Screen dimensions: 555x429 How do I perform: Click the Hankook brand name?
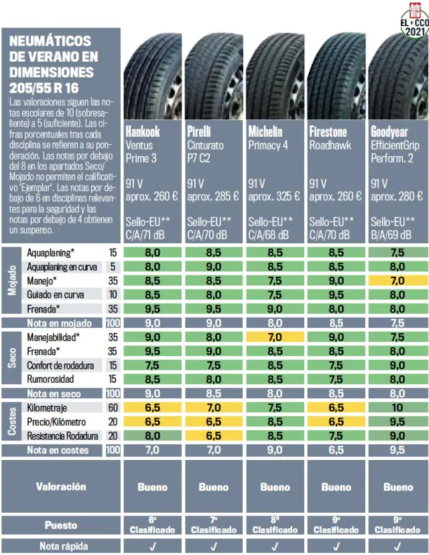click(x=143, y=131)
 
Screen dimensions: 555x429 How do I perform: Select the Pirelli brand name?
click(x=199, y=131)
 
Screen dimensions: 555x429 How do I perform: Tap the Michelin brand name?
click(x=265, y=131)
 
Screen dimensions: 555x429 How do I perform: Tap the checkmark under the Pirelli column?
click(x=214, y=546)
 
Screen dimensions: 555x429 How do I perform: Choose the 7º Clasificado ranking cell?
click(x=214, y=525)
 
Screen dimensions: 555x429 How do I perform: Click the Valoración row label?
click(x=61, y=487)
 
